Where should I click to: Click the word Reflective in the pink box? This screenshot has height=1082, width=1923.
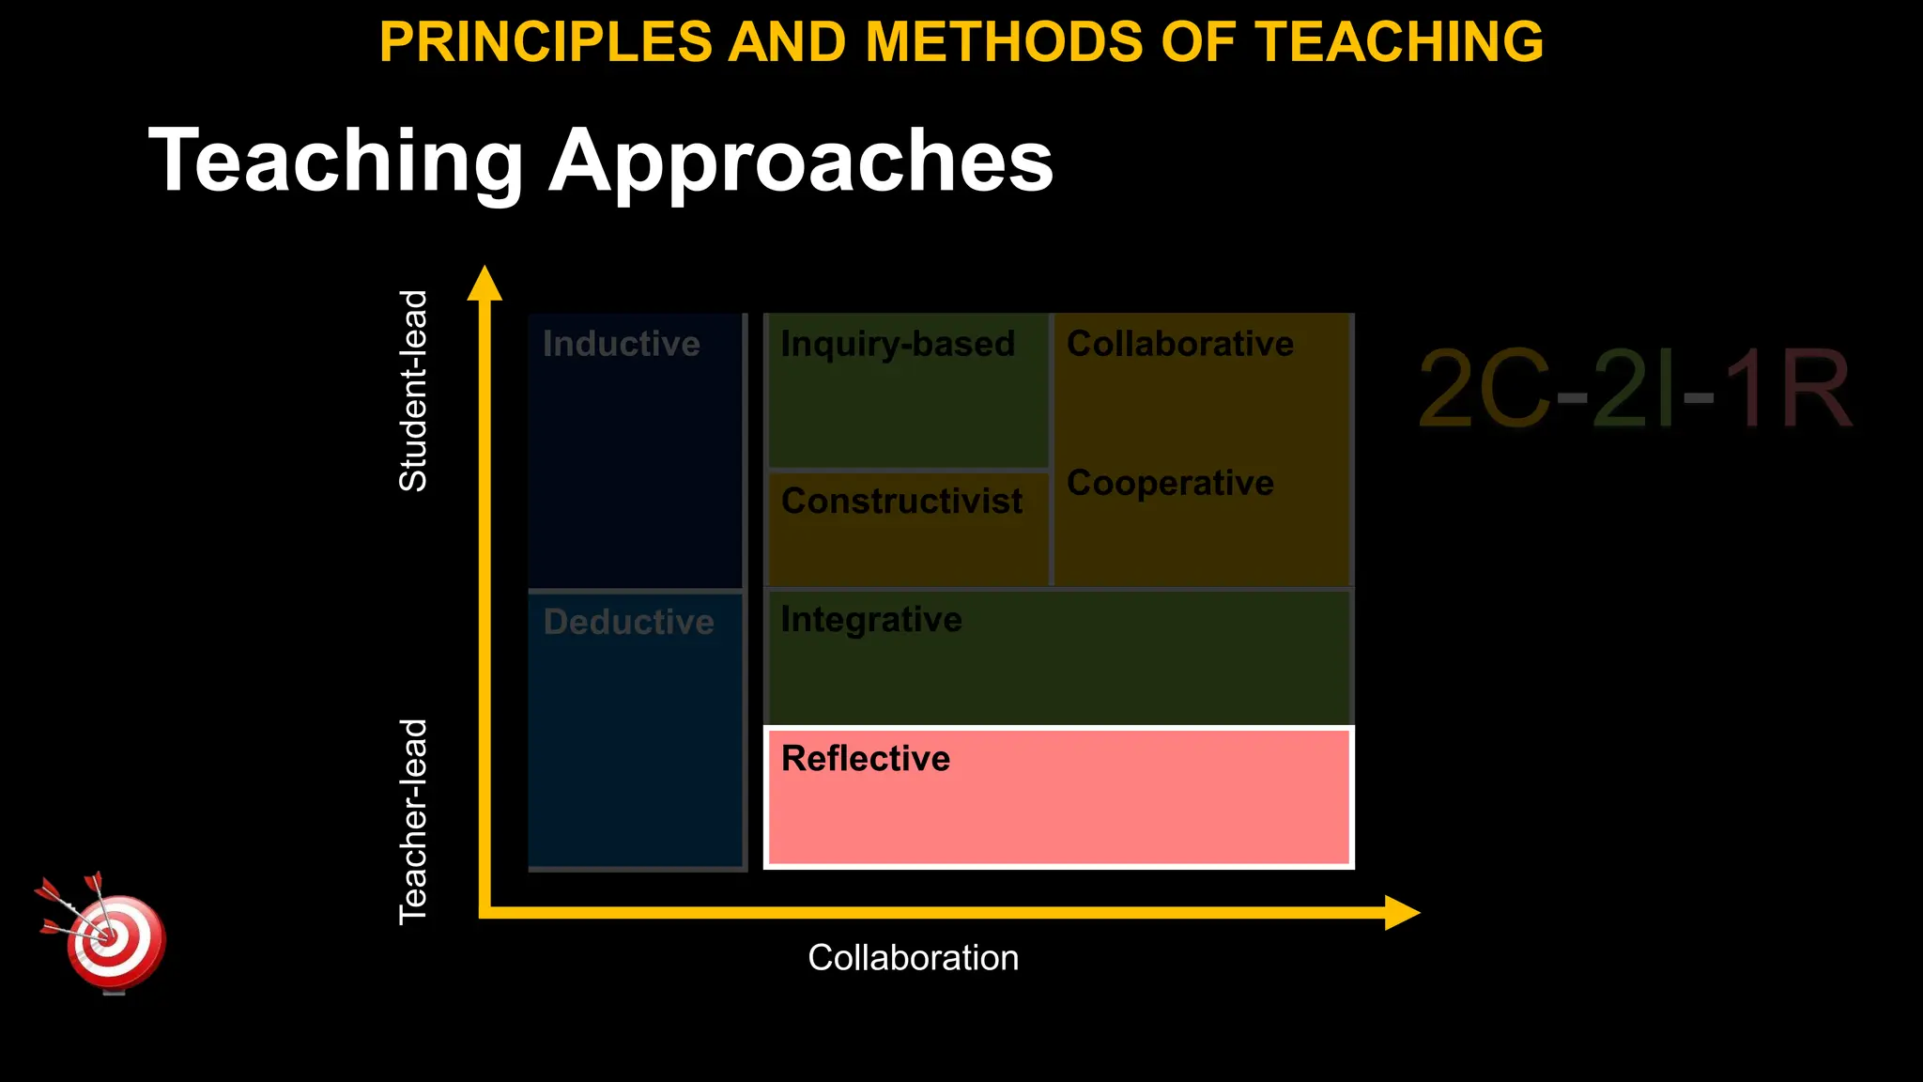point(865,759)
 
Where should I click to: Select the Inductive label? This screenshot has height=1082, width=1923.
point(621,344)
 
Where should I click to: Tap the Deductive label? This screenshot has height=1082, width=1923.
point(628,622)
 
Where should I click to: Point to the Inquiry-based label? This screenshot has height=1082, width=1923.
point(898,344)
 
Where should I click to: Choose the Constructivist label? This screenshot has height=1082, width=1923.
point(901,501)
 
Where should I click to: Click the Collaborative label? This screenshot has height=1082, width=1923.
point(1179,344)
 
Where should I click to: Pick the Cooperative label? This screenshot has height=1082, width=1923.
point(1170,483)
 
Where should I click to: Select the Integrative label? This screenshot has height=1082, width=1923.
point(871,620)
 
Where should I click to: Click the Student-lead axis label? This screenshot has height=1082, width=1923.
point(413,391)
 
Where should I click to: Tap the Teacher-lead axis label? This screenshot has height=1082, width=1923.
point(413,822)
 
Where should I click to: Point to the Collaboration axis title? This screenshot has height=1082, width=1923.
point(913,958)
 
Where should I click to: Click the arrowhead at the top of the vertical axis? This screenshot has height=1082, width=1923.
point(485,283)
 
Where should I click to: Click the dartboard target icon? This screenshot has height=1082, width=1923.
point(111,939)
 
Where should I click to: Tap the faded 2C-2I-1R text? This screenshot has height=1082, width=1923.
point(1634,389)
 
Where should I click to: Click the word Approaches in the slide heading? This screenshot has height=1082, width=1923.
point(801,162)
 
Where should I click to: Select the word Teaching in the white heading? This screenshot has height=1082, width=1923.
point(335,162)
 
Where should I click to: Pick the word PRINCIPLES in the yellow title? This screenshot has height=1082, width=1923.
point(546,42)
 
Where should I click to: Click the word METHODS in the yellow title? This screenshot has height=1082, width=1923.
point(1004,42)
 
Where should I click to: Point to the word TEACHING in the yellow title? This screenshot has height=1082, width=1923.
point(1399,42)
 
